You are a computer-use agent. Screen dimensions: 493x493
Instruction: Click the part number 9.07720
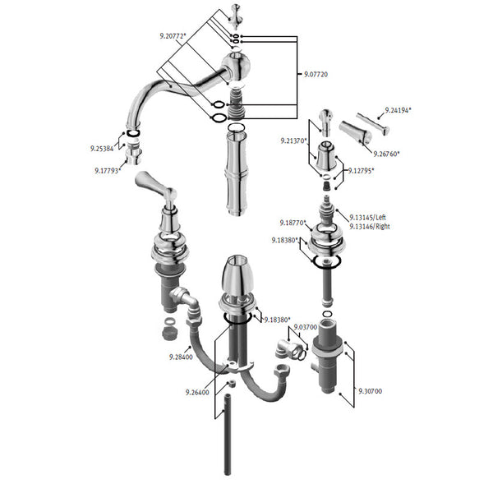[x=316, y=75]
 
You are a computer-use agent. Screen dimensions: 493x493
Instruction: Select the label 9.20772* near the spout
[x=173, y=36]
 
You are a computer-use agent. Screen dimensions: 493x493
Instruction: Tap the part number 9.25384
[x=102, y=149]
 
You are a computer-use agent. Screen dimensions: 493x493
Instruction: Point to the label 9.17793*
[x=108, y=171]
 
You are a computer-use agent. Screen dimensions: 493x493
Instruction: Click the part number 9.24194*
[x=398, y=110]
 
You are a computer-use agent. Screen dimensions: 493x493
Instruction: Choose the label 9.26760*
[x=386, y=154]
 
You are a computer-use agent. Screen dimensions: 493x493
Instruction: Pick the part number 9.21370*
[x=293, y=141]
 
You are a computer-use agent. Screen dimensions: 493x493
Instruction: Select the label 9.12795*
[x=361, y=171]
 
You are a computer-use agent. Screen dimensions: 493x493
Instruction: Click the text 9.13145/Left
[x=368, y=217]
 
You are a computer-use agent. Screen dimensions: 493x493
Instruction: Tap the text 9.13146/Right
[x=370, y=227]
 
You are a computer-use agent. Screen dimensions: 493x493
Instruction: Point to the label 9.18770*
[x=293, y=223]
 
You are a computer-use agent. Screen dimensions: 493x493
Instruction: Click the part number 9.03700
[x=306, y=327]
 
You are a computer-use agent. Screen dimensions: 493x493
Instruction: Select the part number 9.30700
[x=371, y=391]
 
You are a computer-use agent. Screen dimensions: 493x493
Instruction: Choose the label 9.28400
[x=181, y=357]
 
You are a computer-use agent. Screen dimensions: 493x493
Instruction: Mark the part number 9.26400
[x=197, y=393]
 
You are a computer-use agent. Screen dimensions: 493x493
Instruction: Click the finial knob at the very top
[x=235, y=16]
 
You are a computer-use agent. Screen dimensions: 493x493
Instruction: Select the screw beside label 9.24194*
[x=373, y=123]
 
